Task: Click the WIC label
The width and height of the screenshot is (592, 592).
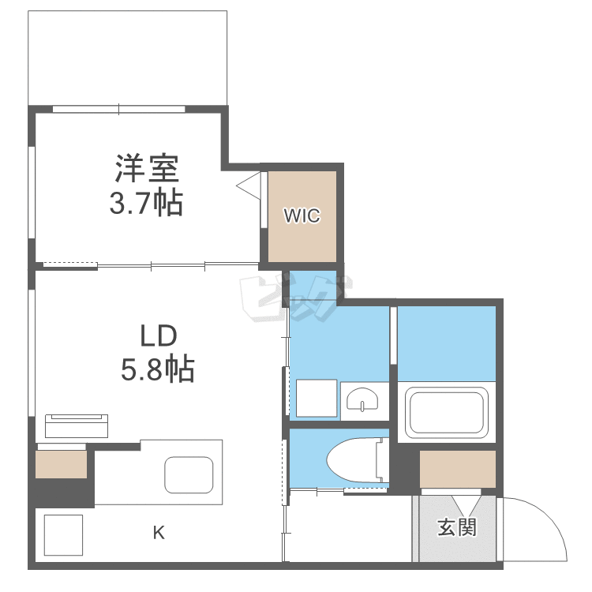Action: click(302, 215)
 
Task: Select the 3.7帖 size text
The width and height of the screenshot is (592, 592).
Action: click(146, 204)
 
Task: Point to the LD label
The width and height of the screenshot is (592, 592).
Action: click(157, 336)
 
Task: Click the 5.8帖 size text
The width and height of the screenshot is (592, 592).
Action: click(157, 369)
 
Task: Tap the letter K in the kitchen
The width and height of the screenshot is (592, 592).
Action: click(159, 533)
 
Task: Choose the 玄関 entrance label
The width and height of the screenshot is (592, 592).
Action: click(457, 526)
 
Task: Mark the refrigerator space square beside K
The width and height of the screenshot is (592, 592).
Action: click(63, 534)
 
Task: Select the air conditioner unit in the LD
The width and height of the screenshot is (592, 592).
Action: click(76, 425)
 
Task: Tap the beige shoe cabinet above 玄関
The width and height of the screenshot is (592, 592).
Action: click(457, 469)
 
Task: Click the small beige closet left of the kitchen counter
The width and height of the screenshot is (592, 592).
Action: click(61, 463)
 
